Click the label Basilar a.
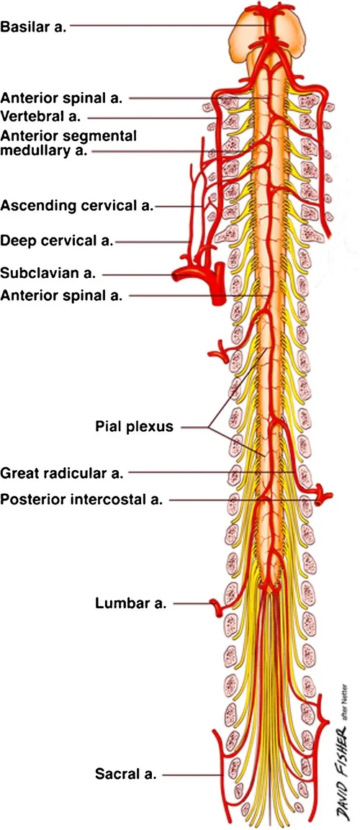(x=34, y=27)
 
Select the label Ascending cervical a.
(x=77, y=206)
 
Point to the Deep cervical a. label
(x=57, y=240)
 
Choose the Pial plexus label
(x=134, y=426)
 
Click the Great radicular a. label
(x=63, y=473)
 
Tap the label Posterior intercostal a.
(x=81, y=499)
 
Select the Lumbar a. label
(x=130, y=603)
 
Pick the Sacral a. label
(x=126, y=775)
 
